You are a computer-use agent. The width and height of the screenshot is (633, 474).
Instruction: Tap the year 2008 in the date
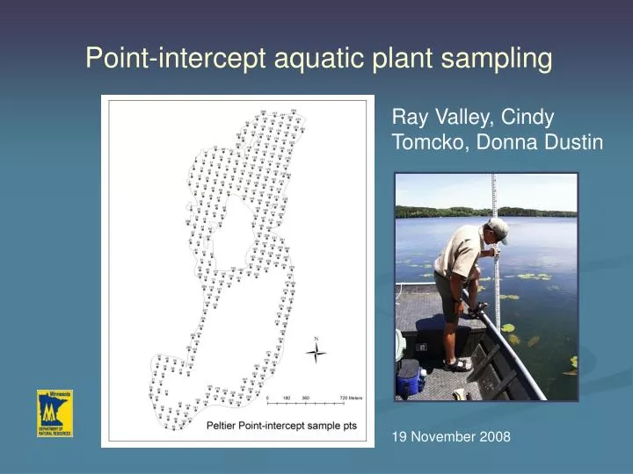point(494,435)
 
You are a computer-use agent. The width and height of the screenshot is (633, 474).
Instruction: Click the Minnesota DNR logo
point(55,413)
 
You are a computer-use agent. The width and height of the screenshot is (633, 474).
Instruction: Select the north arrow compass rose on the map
point(316,353)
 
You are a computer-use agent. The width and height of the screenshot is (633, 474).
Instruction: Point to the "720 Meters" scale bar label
point(351,398)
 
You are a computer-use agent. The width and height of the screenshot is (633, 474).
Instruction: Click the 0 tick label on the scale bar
point(267,398)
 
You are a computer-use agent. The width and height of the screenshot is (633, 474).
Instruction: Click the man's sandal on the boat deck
point(457,364)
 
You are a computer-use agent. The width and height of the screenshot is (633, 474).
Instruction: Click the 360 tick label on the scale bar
point(305,398)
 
